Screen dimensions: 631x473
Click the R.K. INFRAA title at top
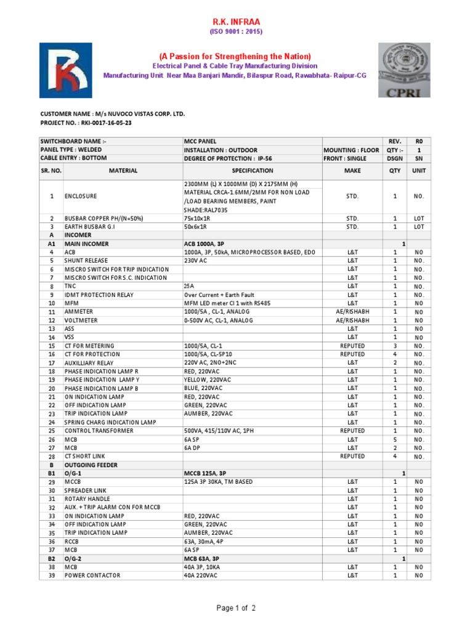pos(237,21)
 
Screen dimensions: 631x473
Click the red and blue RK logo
pos(66,70)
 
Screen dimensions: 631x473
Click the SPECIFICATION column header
pos(253,171)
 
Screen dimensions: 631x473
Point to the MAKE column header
pos(352,171)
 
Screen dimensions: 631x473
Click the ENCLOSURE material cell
pos(83,196)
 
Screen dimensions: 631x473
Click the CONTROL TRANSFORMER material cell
pos(99,431)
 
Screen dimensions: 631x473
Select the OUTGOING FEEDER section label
pos(91,465)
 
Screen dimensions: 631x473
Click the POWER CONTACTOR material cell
pos(92,575)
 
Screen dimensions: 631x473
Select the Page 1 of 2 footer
pos(236,608)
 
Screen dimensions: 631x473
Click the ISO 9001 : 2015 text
pos(237,32)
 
